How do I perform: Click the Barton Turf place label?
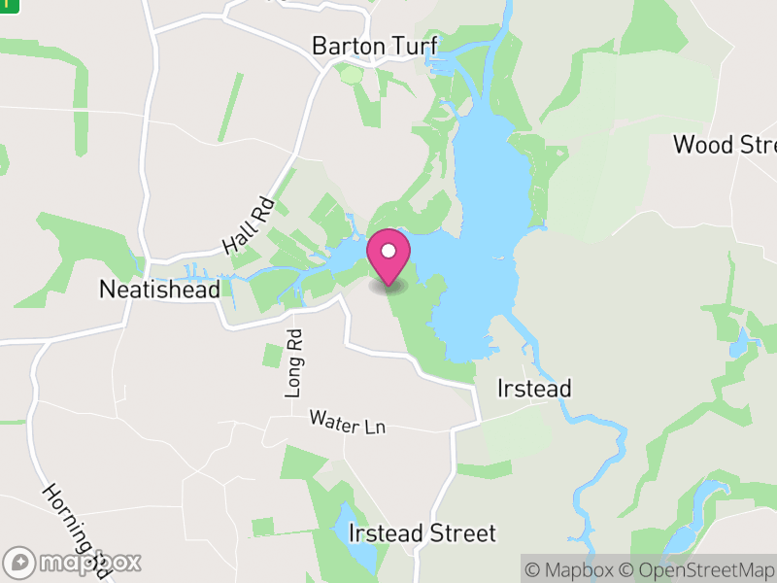(374, 46)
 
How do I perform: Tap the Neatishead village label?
(160, 289)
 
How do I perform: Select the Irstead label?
(533, 389)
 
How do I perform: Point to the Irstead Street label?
(422, 532)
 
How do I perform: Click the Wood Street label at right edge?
(725, 145)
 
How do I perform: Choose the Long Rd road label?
(294, 361)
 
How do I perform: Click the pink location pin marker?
(388, 258)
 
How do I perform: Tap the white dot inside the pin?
(388, 252)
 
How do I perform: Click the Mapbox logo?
(72, 562)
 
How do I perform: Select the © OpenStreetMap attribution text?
(698, 569)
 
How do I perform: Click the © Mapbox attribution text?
(572, 569)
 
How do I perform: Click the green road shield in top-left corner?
(9, 4)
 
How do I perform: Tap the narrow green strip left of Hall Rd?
(230, 105)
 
